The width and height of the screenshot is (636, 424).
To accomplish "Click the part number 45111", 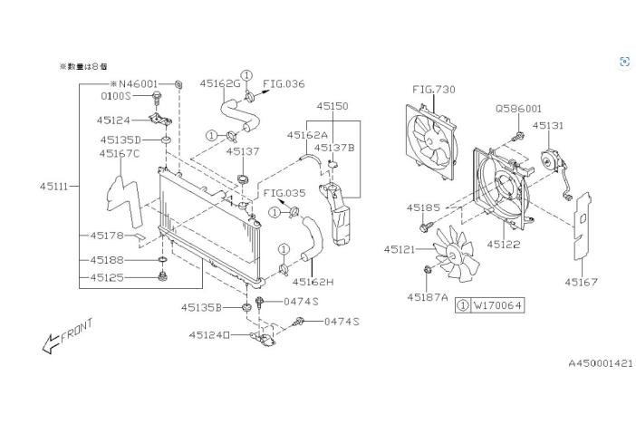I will coord(53,186).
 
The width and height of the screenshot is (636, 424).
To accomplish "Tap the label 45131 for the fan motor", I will coord(547,126).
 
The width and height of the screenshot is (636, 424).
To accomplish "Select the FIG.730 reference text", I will coord(434,90).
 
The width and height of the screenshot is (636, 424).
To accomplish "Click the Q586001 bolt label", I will coord(518,107).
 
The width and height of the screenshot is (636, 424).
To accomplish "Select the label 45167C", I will coord(120,153).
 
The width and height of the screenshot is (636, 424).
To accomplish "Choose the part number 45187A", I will coord(428,295).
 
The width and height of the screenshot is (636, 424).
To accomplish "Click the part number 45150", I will coord(332,106).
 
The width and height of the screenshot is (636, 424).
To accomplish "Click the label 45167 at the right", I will coord(582,282).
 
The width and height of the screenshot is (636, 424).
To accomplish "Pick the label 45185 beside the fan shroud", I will coord(423,207).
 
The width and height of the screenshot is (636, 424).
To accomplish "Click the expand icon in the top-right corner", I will coord(624,62).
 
